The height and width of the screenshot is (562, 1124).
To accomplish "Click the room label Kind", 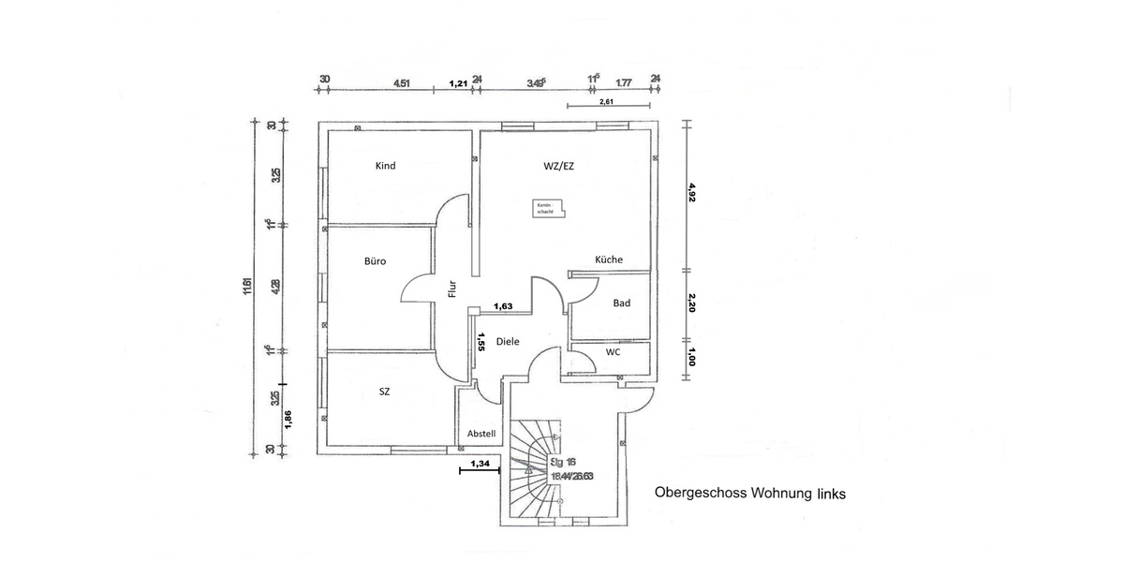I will [385, 166].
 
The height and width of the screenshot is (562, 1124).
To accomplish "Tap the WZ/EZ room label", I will [559, 166].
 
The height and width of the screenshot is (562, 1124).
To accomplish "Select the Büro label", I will [375, 261].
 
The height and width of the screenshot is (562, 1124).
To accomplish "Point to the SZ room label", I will [384, 392].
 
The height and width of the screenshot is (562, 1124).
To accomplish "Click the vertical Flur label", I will [451, 290].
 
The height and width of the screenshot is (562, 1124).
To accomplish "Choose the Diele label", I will [508, 342].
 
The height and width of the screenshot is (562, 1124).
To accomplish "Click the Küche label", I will [609, 259].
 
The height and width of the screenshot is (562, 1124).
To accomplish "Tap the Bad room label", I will [622, 303].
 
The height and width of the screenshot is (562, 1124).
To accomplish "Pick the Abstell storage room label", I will [481, 434].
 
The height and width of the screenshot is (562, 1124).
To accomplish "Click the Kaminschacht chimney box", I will [545, 209].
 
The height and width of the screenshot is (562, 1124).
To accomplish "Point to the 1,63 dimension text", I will [503, 305].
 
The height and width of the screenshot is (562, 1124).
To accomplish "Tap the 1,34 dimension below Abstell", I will [481, 464].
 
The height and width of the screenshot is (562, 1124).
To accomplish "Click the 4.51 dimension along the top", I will [401, 83].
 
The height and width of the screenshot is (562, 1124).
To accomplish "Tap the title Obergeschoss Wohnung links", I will [750, 493].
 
